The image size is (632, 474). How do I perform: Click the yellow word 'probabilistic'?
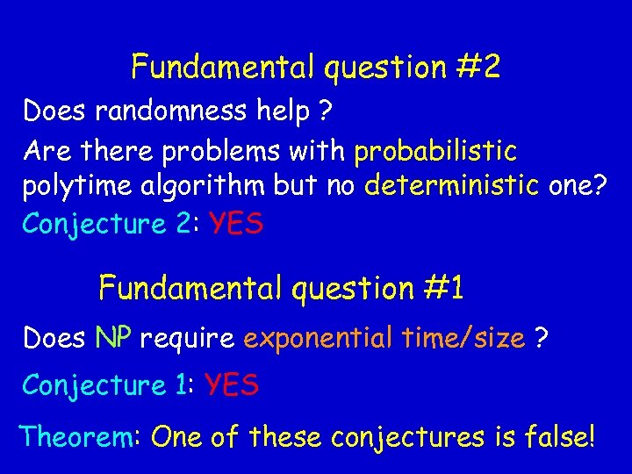(435, 151)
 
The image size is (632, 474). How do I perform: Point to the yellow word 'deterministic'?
(454, 188)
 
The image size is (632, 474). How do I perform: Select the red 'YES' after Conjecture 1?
(232, 384)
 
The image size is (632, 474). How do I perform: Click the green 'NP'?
(113, 338)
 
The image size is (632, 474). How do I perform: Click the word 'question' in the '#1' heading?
(345, 288)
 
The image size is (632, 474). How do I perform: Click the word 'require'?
(185, 338)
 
